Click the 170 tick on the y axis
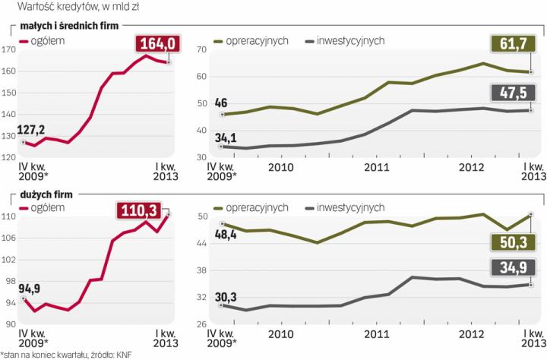(9, 50)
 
